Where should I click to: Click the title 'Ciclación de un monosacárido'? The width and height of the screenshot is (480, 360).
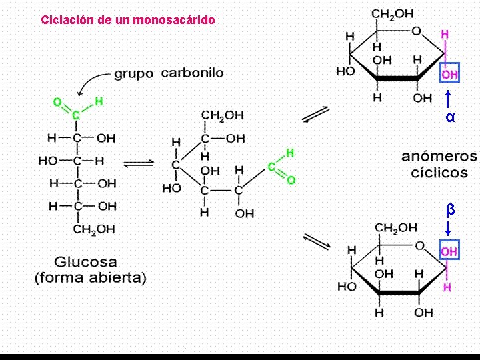[x=128, y=20]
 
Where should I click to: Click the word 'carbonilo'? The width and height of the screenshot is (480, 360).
[x=192, y=73]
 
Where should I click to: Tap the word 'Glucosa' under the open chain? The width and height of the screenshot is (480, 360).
[x=89, y=262]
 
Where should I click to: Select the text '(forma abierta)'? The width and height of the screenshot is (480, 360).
[x=90, y=277]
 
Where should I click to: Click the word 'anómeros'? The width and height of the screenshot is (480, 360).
[x=439, y=157]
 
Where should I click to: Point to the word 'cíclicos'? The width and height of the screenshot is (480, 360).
[x=439, y=173]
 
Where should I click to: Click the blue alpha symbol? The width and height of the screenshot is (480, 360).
[x=450, y=117]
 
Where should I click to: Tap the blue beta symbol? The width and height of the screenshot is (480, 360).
[x=450, y=209]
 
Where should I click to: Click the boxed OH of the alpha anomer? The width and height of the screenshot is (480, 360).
[x=449, y=75]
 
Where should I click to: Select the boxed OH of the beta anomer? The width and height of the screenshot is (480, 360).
[x=449, y=252]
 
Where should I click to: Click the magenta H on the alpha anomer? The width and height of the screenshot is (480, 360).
[x=445, y=34]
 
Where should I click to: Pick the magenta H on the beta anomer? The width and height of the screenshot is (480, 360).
[x=447, y=288]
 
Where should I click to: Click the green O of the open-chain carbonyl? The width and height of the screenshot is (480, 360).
[x=57, y=103]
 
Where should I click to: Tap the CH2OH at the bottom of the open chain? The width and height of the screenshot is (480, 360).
[x=94, y=229]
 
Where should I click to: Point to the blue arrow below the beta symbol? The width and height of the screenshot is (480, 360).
[x=449, y=229]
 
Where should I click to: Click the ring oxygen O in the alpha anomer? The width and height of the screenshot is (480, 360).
[x=416, y=31]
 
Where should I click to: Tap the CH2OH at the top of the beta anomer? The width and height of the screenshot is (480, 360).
[x=396, y=228]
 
